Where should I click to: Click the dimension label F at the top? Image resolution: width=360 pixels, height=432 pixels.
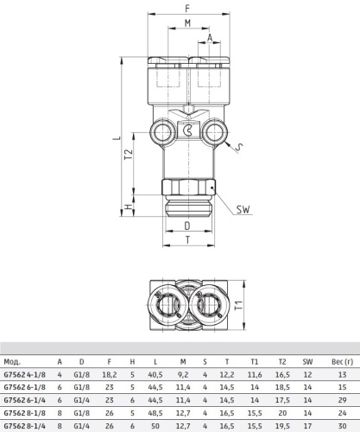[187, 9]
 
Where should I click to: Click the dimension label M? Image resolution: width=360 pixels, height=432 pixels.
[187, 23]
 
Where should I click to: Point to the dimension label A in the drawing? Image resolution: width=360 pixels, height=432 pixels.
[210, 38]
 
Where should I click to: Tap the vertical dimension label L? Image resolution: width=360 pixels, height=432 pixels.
[117, 137]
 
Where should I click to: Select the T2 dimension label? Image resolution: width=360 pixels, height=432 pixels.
[129, 155]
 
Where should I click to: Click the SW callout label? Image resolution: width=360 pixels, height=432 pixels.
[243, 209]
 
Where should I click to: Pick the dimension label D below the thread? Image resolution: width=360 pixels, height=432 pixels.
[187, 226]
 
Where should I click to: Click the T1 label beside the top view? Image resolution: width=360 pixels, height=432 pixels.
[238, 305]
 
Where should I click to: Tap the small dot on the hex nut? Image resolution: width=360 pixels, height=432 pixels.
[212, 187]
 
